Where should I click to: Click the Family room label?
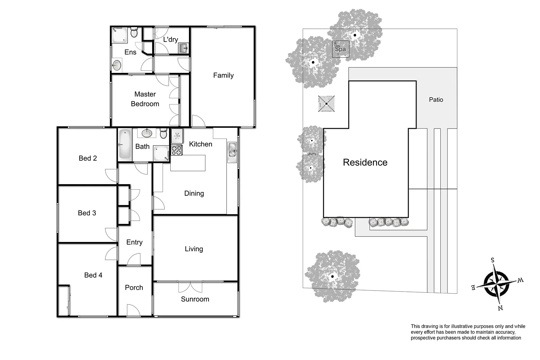pos(223,75)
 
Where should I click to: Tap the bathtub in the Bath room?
pos(124,144)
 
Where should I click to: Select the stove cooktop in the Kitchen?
pos(177,150)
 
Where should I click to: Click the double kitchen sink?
pos(232,150)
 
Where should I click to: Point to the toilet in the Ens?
pos(134,32)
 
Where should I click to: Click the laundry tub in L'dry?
pos(184,48)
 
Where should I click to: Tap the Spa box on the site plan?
pos(340,49)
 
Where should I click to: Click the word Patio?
pos(436,100)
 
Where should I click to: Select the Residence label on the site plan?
pos(365,162)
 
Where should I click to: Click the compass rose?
pos(496,283)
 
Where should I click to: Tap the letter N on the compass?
pos(501,308)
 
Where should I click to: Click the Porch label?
pos(134,287)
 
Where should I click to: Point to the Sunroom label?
pos(195,299)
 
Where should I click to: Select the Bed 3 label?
pos(87,213)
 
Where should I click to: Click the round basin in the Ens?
pos(117,65)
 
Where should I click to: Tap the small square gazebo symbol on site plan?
pos(326,104)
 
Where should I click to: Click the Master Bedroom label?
pos(145,99)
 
